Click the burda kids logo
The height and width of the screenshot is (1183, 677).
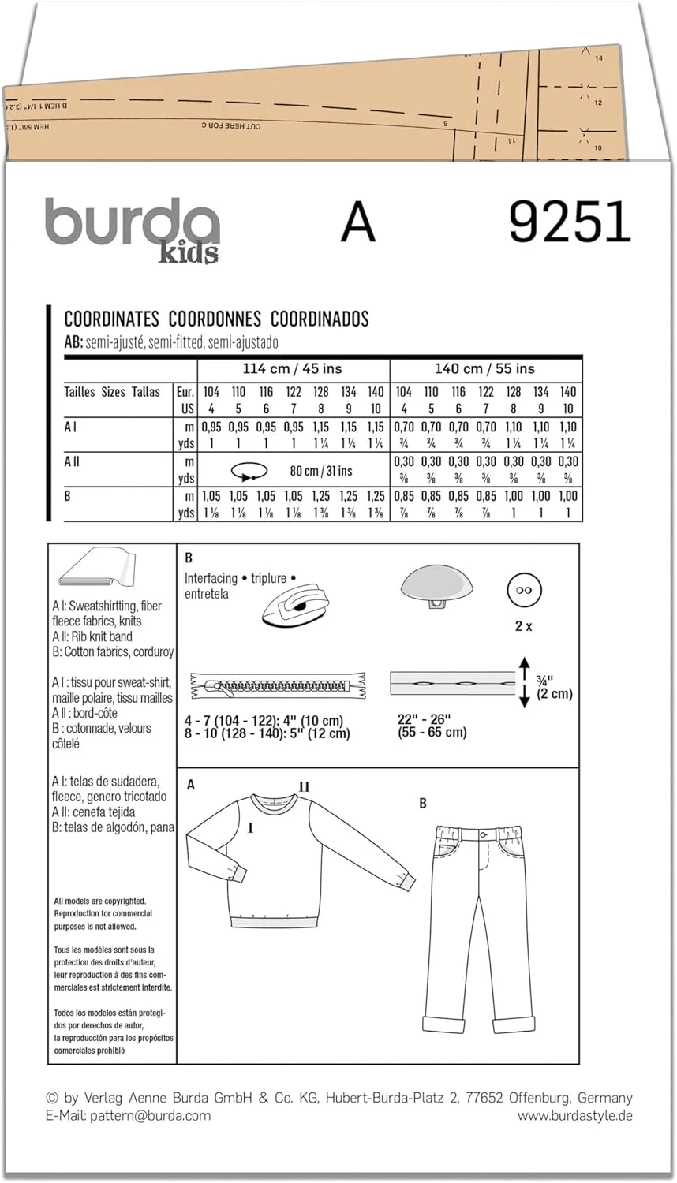point(132,229)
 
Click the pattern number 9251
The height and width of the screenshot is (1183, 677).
point(570,222)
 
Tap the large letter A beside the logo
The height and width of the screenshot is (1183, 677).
point(357,222)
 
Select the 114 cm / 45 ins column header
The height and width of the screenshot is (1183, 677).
point(293,369)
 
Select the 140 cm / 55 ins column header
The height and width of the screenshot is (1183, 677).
point(484,369)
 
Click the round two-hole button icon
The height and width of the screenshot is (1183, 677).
point(524,590)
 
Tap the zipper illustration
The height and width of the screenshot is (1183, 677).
point(278,685)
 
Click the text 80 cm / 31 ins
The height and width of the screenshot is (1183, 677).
point(320,472)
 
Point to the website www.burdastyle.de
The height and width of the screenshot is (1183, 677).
point(574,1115)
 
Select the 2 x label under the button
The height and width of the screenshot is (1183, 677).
point(523,626)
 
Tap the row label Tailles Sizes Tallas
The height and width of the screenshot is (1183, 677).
point(112,392)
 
